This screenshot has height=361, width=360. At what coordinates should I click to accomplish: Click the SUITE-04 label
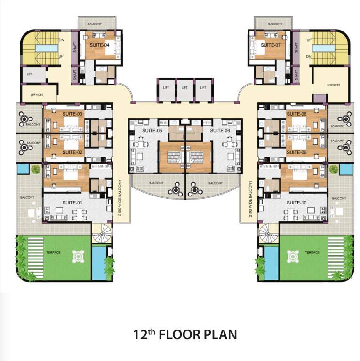click(x=100, y=45)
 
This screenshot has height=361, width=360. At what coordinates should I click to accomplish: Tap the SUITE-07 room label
click(x=271, y=45)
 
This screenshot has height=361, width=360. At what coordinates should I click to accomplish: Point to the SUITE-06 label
click(x=219, y=130)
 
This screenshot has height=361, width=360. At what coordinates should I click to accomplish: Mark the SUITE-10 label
click(x=296, y=203)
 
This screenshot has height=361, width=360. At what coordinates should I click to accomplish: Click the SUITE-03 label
click(x=72, y=114)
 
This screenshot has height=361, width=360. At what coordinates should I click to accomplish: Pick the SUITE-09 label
click(x=296, y=152)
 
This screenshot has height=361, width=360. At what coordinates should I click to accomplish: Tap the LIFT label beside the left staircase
click(x=29, y=74)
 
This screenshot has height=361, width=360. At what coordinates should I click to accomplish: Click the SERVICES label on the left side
click(x=37, y=94)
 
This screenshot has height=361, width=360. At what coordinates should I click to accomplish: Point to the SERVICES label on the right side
click(x=333, y=85)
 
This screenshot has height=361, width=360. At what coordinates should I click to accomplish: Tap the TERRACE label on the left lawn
click(x=54, y=253)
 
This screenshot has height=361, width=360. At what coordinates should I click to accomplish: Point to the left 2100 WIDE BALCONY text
click(x=120, y=198)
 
